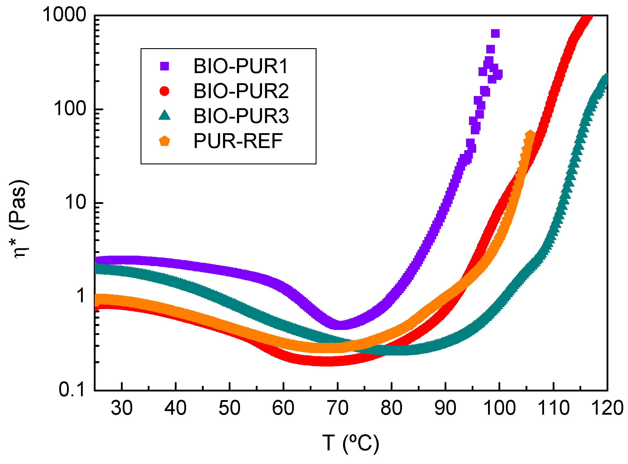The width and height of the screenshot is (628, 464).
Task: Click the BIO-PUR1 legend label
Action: (241, 66)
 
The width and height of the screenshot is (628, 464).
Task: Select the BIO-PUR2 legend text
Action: (241, 91)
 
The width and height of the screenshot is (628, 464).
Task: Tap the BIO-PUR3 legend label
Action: (241, 116)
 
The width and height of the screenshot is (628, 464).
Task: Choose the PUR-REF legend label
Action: (238, 141)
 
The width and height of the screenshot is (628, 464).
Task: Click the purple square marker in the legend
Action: (164, 66)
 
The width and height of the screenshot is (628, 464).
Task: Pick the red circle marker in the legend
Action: (164, 91)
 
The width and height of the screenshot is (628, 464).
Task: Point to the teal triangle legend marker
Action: (164, 115)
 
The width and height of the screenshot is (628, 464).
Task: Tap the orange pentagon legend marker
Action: (164, 141)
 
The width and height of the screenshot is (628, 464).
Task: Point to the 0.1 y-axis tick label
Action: (72, 389)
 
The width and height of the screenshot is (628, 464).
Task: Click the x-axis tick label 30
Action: (122, 408)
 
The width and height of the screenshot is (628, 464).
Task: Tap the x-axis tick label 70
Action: (337, 408)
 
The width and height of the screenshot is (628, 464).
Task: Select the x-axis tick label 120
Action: (607, 408)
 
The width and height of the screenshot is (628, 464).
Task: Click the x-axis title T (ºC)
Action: (351, 443)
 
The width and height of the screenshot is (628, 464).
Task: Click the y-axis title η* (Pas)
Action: (18, 219)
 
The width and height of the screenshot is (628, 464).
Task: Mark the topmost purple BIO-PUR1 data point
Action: (495, 34)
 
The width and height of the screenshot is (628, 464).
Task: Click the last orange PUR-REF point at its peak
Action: (530, 135)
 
